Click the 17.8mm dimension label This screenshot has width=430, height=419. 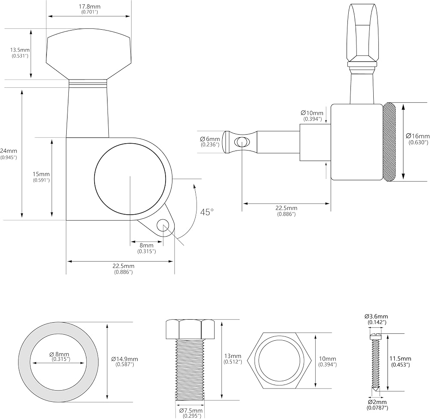89,6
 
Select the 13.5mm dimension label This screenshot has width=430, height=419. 20,50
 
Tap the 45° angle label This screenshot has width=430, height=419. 207,212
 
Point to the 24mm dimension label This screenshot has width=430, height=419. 9,151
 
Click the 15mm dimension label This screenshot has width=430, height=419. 41,174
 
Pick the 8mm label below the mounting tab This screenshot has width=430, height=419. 147,245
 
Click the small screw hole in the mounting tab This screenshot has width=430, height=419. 163,225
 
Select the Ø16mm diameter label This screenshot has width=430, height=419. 418,136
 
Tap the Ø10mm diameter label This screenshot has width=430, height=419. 312,113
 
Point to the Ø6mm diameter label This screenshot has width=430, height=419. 210,139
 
